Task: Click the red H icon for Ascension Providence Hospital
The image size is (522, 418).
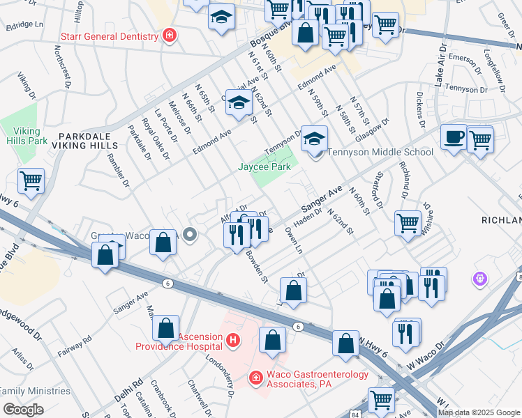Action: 233,341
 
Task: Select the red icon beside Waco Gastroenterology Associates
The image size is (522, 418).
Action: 257,378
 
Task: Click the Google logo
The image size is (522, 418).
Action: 23,409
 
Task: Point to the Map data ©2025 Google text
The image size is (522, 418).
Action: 479,412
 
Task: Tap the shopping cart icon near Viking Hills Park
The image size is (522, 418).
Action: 31,181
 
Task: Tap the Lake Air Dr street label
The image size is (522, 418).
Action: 440,63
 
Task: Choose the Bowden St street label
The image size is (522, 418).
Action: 256,268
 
